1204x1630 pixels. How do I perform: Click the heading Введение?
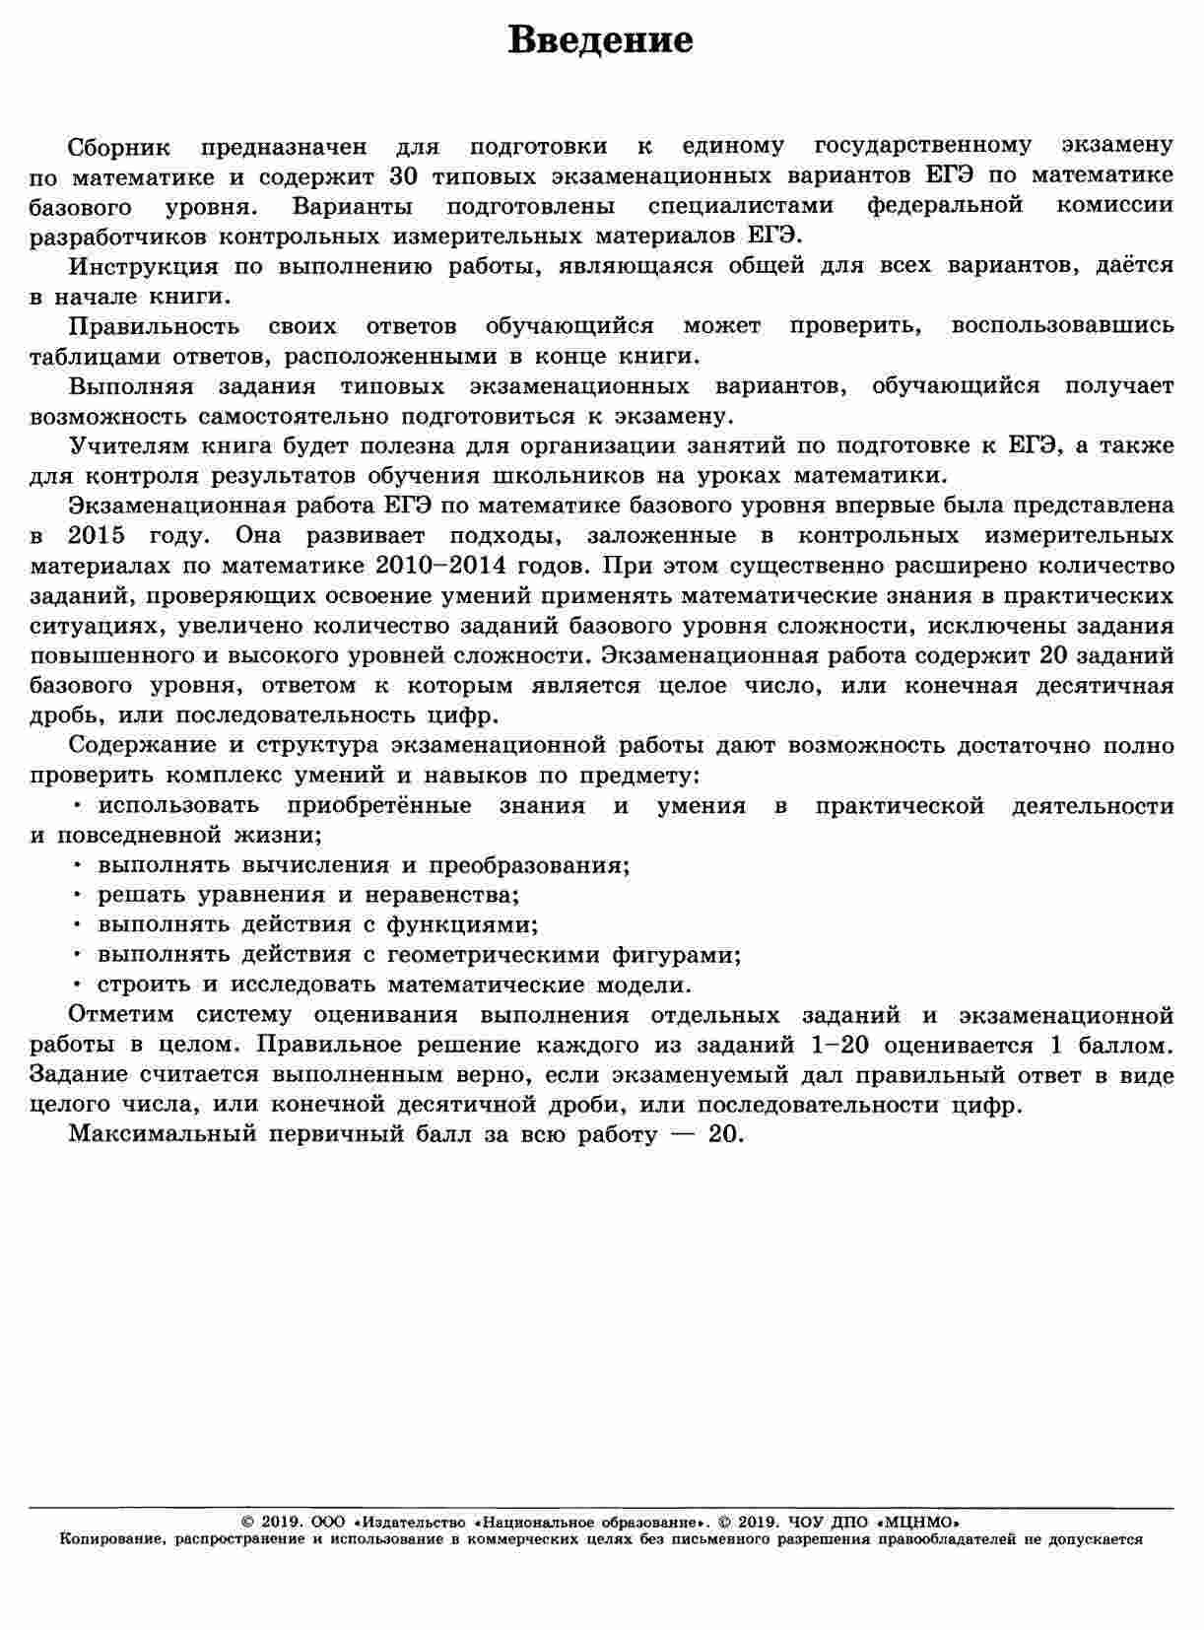tap(601, 41)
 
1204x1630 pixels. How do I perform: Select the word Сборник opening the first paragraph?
tap(119, 147)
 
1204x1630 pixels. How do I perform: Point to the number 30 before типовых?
tap(407, 176)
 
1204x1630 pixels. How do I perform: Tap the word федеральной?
tap(945, 206)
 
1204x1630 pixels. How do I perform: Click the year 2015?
tap(97, 536)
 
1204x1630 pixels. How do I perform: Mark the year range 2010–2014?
tap(482, 566)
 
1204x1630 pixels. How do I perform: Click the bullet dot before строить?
tap(77, 984)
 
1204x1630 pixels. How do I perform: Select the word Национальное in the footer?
tap(543, 1523)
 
